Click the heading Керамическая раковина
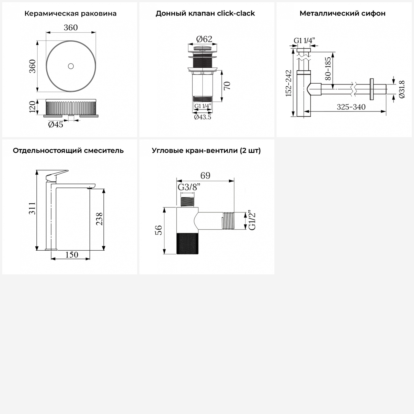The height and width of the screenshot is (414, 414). point(70,14)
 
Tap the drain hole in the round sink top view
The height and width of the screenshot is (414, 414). point(71,66)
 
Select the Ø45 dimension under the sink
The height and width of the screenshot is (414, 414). point(56,124)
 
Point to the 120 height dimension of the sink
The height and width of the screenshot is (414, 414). point(33,107)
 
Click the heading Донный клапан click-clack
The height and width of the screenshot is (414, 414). point(205,14)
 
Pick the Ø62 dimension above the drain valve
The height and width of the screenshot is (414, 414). point(204,39)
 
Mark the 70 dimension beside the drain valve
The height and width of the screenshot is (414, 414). point(227,86)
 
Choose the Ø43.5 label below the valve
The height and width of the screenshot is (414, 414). point(203,117)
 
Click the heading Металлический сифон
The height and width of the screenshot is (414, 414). point(343,14)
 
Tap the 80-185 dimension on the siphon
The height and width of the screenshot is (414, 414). point(328,68)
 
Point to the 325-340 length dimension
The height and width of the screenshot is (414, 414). point(351,107)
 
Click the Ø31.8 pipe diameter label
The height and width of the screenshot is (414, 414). point(402,89)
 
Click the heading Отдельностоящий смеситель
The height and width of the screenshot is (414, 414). point(68,151)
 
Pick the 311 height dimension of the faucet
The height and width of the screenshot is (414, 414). point(33,208)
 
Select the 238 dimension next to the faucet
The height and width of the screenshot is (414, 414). point(99,219)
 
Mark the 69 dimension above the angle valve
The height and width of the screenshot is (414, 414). point(205,176)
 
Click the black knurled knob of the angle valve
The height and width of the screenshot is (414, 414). point(187,243)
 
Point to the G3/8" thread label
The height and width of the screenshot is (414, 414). point(189,187)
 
